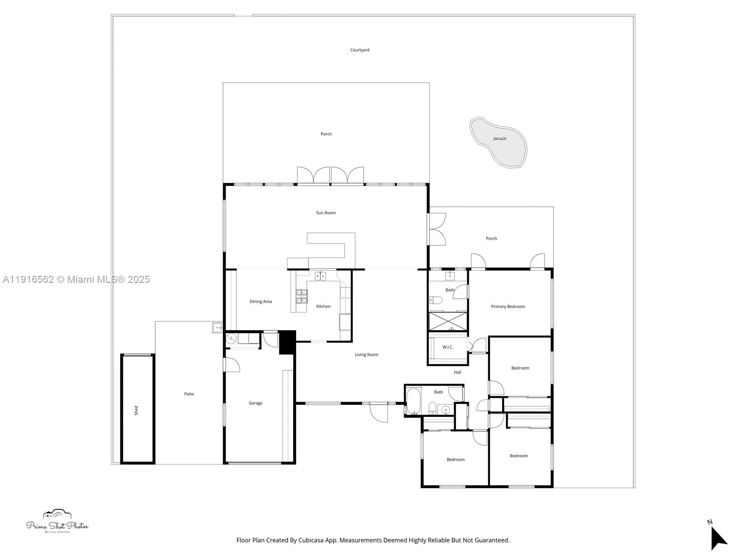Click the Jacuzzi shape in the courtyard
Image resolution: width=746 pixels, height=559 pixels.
point(499,143)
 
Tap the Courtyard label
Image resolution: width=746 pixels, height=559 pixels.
point(359,50)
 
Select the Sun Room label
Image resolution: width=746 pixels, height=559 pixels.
point(325,213)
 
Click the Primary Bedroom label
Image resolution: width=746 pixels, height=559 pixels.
point(508,307)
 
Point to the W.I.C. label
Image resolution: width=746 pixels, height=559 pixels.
point(448,347)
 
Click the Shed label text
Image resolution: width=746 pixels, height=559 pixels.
point(136,410)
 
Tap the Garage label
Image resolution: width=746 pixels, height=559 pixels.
point(255,403)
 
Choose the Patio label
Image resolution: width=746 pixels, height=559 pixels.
point(189,394)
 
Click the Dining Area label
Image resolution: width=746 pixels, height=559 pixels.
point(260,301)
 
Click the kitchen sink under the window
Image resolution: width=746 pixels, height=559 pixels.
point(320,276)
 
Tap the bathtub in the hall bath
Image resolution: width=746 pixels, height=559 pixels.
point(414,401)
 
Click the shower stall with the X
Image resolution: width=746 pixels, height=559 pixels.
point(448,321)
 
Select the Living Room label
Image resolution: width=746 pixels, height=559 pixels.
point(366,354)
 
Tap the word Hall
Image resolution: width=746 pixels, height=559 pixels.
point(457,372)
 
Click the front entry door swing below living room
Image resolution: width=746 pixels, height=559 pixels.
point(379,412)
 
